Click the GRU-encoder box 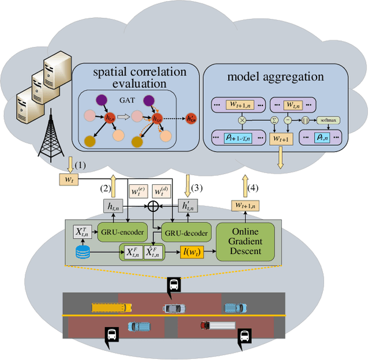click(122, 232)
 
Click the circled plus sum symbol click(153, 204)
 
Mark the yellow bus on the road click(107, 307)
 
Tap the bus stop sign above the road click(174, 285)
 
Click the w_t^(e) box click(139, 190)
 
